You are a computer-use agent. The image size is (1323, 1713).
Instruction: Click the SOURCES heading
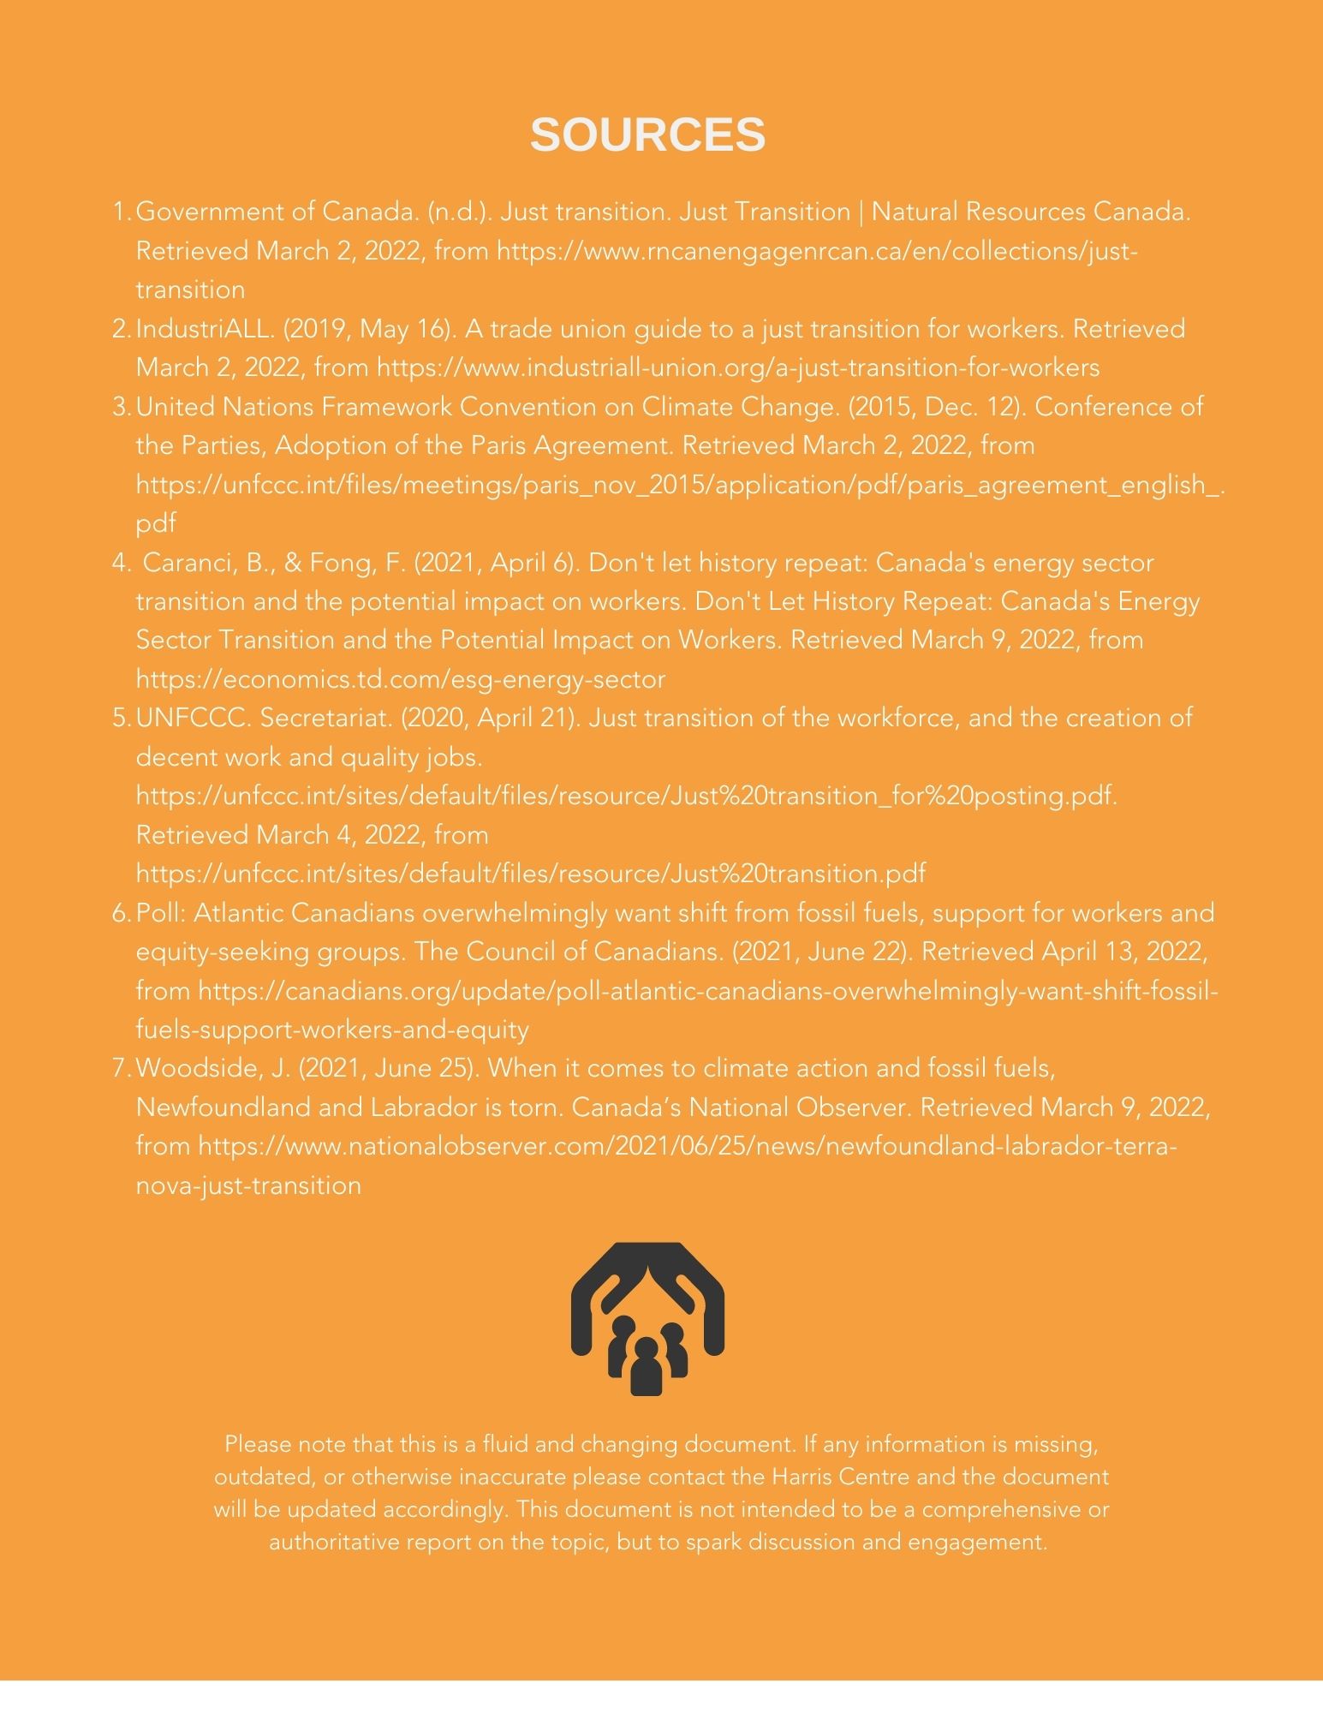pos(647,134)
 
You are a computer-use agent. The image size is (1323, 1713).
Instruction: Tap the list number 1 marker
pos(121,212)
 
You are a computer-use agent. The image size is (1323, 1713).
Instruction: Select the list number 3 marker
pos(121,407)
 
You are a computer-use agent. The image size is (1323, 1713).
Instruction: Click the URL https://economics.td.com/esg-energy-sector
pos(400,679)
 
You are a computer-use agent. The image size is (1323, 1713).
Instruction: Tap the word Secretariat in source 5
pos(326,718)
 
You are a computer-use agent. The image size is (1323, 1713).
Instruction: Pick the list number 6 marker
pos(121,913)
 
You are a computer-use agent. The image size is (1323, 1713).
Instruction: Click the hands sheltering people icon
pos(647,1325)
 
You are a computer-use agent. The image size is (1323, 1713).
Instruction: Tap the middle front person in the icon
pos(647,1368)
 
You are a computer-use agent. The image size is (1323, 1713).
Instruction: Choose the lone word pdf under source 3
pos(156,523)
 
